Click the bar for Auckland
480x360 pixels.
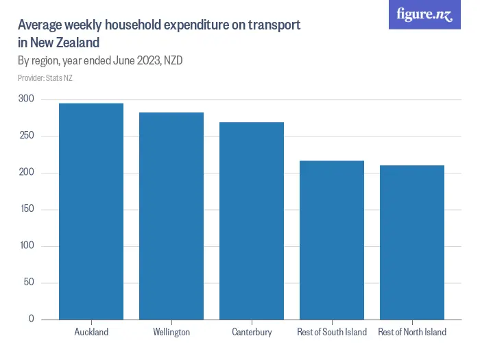91,211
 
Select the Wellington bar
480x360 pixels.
171,216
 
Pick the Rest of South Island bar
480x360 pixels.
332,240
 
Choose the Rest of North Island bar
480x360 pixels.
412,242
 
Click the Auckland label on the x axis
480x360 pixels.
91,332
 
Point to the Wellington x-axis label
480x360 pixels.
171,332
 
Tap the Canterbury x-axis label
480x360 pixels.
252,332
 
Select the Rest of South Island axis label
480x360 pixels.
332,332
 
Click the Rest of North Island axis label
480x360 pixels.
412,332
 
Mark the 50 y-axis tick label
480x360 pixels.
29,283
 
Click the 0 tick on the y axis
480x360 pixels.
32,319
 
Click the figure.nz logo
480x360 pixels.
424,14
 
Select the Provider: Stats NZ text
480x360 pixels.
45,78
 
